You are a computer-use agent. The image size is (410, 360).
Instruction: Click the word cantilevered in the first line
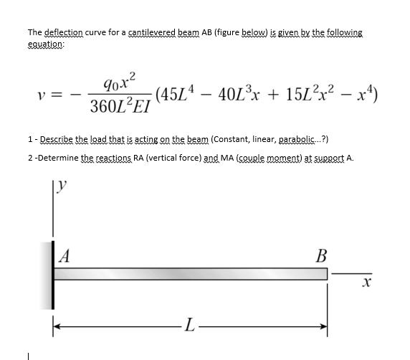[x=153, y=33]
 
